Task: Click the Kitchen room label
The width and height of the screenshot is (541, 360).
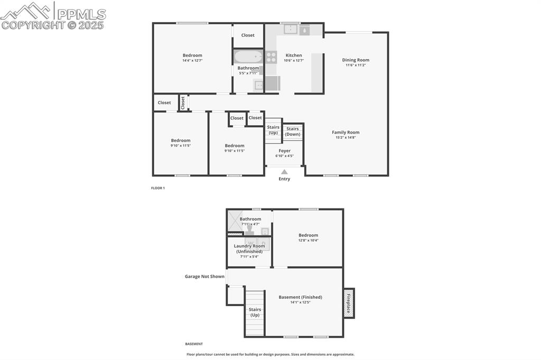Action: point(294,55)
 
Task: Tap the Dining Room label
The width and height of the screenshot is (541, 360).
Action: point(356,60)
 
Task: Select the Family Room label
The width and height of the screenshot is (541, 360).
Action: point(346,132)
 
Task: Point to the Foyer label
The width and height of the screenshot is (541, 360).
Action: point(284,151)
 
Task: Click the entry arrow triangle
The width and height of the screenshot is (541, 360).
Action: point(284,172)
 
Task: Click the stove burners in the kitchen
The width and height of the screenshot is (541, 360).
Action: point(271,57)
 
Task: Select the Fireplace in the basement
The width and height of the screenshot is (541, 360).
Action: point(349,303)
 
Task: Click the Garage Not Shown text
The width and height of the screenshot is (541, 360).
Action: point(204,277)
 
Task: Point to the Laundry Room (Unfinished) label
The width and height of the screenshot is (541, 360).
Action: point(249,249)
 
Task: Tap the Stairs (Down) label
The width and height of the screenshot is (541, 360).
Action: point(293,131)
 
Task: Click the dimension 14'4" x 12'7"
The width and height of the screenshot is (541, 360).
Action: point(192,61)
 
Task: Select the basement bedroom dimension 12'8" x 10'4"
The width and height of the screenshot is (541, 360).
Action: point(308,241)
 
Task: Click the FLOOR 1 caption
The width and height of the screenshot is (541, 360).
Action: point(158,188)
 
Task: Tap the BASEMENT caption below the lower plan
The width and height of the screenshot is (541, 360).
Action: point(194,344)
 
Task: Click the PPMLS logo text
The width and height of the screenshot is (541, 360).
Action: point(82,14)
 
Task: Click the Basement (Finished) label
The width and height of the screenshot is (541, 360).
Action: point(300,297)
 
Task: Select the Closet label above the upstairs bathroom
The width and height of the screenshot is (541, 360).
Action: point(248,35)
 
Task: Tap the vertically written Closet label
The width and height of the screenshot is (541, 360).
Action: point(183,102)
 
